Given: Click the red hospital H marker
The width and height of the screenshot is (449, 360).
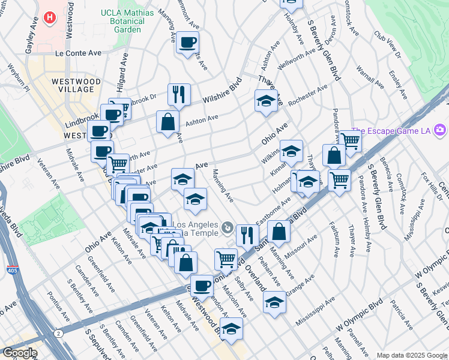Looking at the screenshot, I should click(51, 17).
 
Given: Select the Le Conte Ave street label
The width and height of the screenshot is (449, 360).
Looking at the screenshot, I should click(78, 53).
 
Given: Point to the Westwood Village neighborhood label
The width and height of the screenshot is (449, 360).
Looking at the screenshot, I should click(76, 85).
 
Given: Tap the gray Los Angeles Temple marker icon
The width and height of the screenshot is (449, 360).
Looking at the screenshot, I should click(227, 227).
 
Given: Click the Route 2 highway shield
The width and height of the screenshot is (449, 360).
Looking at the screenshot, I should click(58, 333).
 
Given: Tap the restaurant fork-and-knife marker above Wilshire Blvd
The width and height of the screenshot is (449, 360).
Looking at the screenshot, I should click(179, 94).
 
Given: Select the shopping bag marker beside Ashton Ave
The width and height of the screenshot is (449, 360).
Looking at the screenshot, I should click(167, 122).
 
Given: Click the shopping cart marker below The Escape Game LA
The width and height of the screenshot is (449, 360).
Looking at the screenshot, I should click(350, 142).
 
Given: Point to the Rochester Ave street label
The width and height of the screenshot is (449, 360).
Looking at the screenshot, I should click(307, 95).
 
